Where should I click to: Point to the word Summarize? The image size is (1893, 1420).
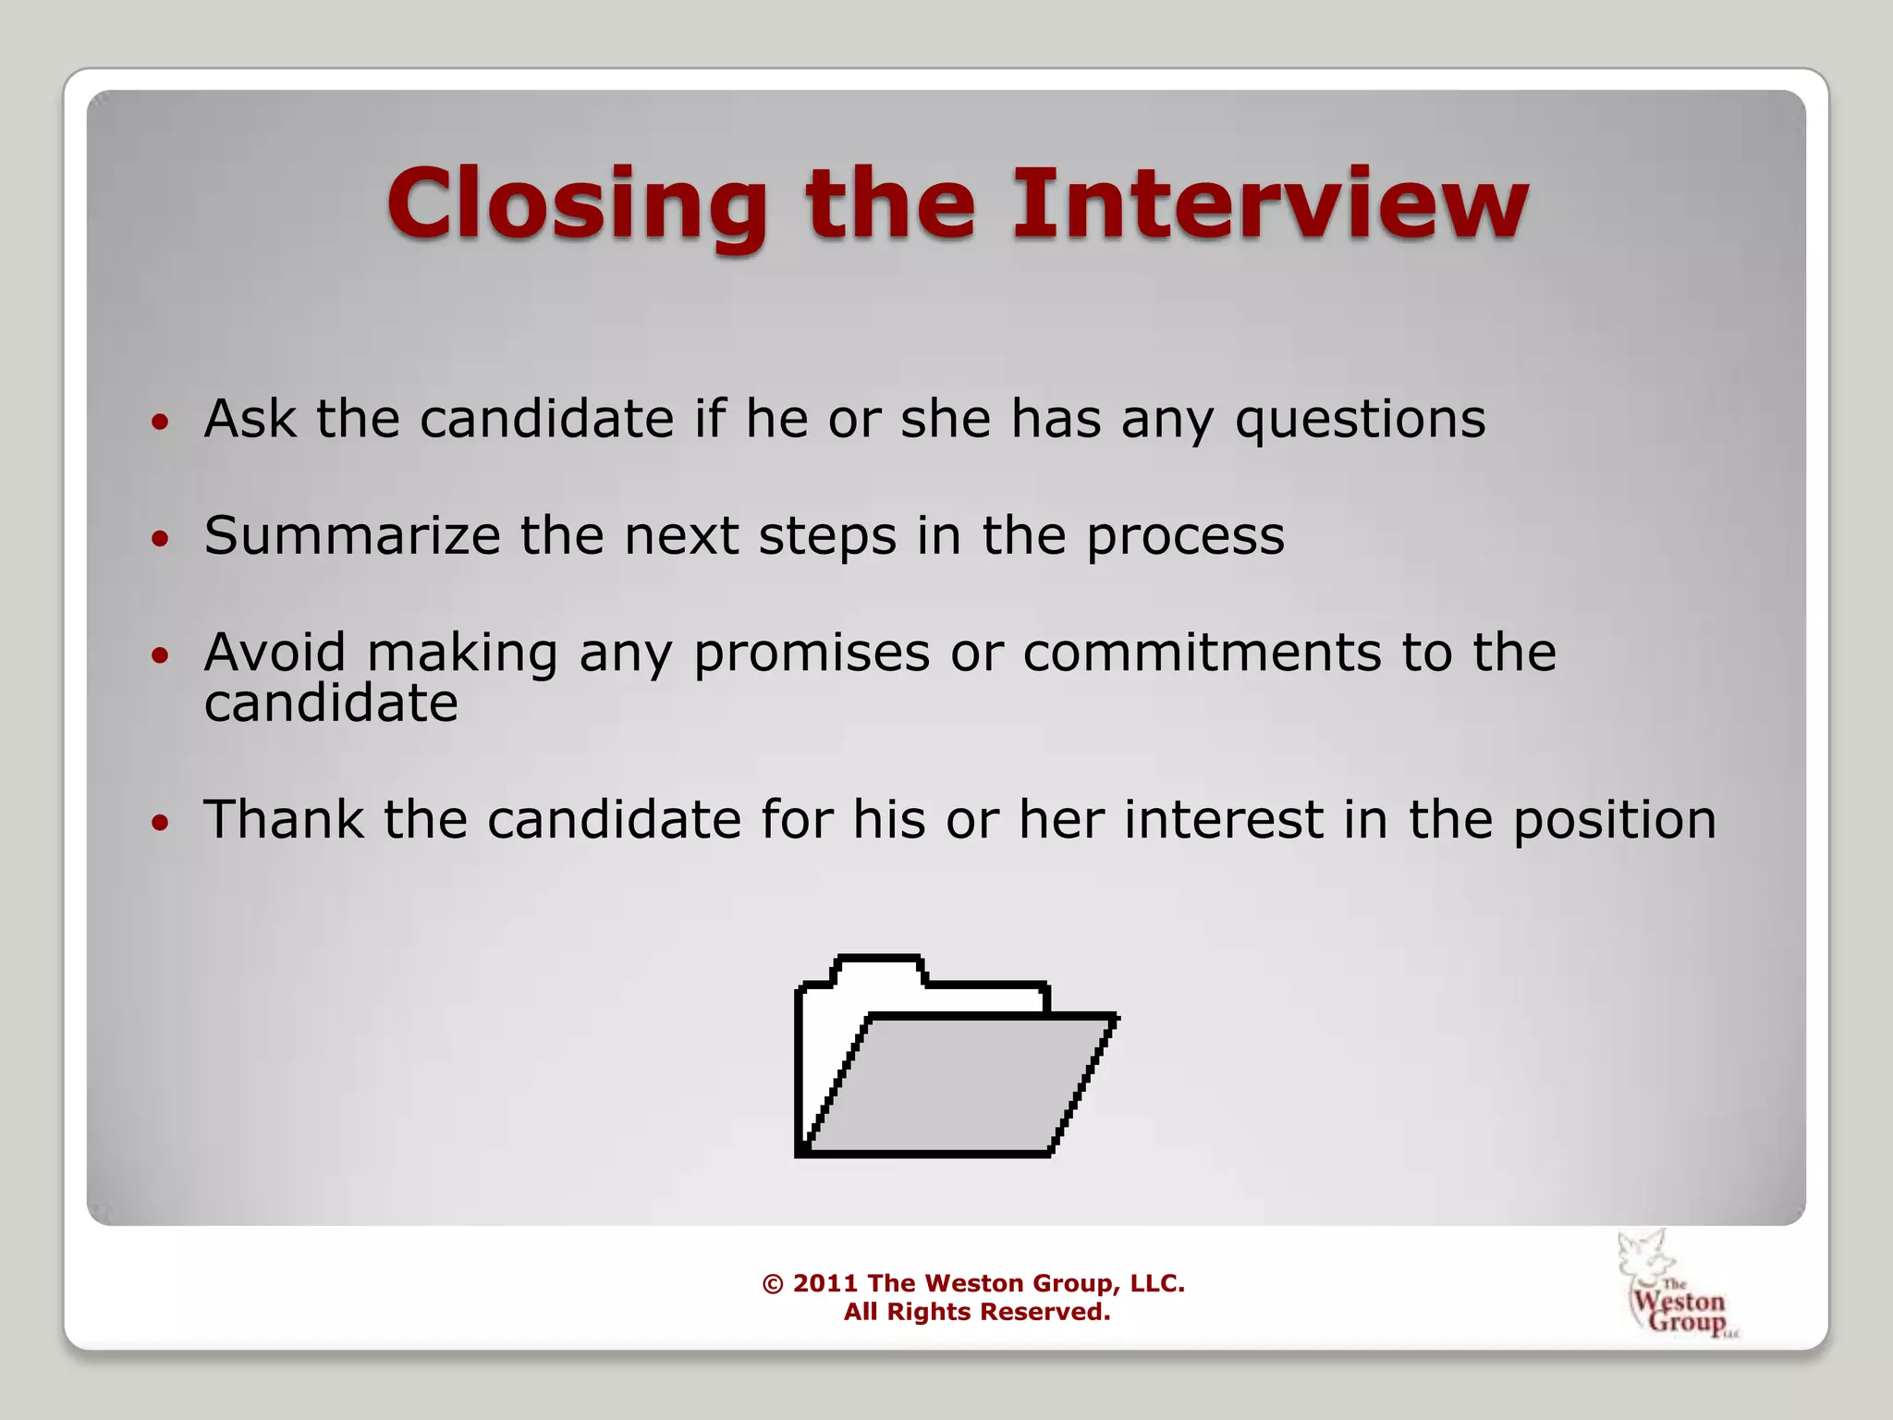tap(352, 536)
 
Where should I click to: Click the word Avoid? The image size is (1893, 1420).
tap(275, 653)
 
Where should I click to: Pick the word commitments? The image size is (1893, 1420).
tap(1201, 653)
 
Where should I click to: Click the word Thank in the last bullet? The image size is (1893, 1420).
tap(283, 820)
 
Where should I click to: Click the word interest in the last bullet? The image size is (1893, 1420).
tap(1224, 820)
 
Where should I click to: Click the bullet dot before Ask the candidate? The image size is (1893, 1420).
tap(161, 423)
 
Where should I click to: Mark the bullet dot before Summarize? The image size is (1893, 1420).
tap(161, 539)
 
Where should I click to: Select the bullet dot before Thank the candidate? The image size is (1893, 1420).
tap(161, 823)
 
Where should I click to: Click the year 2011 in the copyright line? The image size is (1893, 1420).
tap(824, 1283)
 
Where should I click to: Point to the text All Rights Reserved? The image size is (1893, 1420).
tap(976, 1312)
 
